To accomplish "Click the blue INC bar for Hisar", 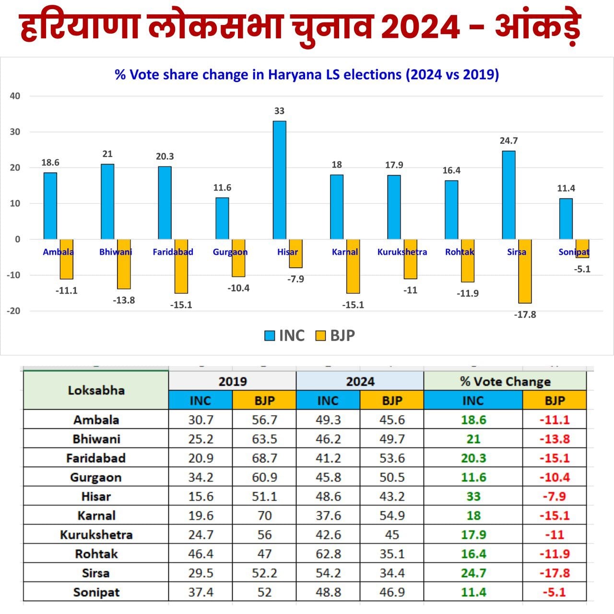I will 279,180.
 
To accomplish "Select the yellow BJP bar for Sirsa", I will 525,272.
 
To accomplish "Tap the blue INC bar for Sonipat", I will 566,219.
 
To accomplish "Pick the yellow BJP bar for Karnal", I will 353,267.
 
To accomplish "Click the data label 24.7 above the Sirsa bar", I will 508,141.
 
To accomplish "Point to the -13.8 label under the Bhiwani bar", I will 124,300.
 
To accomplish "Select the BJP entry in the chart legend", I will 335,335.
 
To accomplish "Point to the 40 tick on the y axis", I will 15,96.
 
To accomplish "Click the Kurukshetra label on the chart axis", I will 402,252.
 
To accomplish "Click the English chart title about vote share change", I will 307,75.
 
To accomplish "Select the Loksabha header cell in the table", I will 96,390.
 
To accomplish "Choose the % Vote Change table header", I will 505,381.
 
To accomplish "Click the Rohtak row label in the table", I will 96,554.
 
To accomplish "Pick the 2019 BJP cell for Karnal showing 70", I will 264,516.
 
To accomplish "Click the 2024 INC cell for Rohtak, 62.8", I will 328,554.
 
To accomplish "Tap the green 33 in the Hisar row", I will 473,496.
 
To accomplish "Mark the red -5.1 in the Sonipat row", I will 554,592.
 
